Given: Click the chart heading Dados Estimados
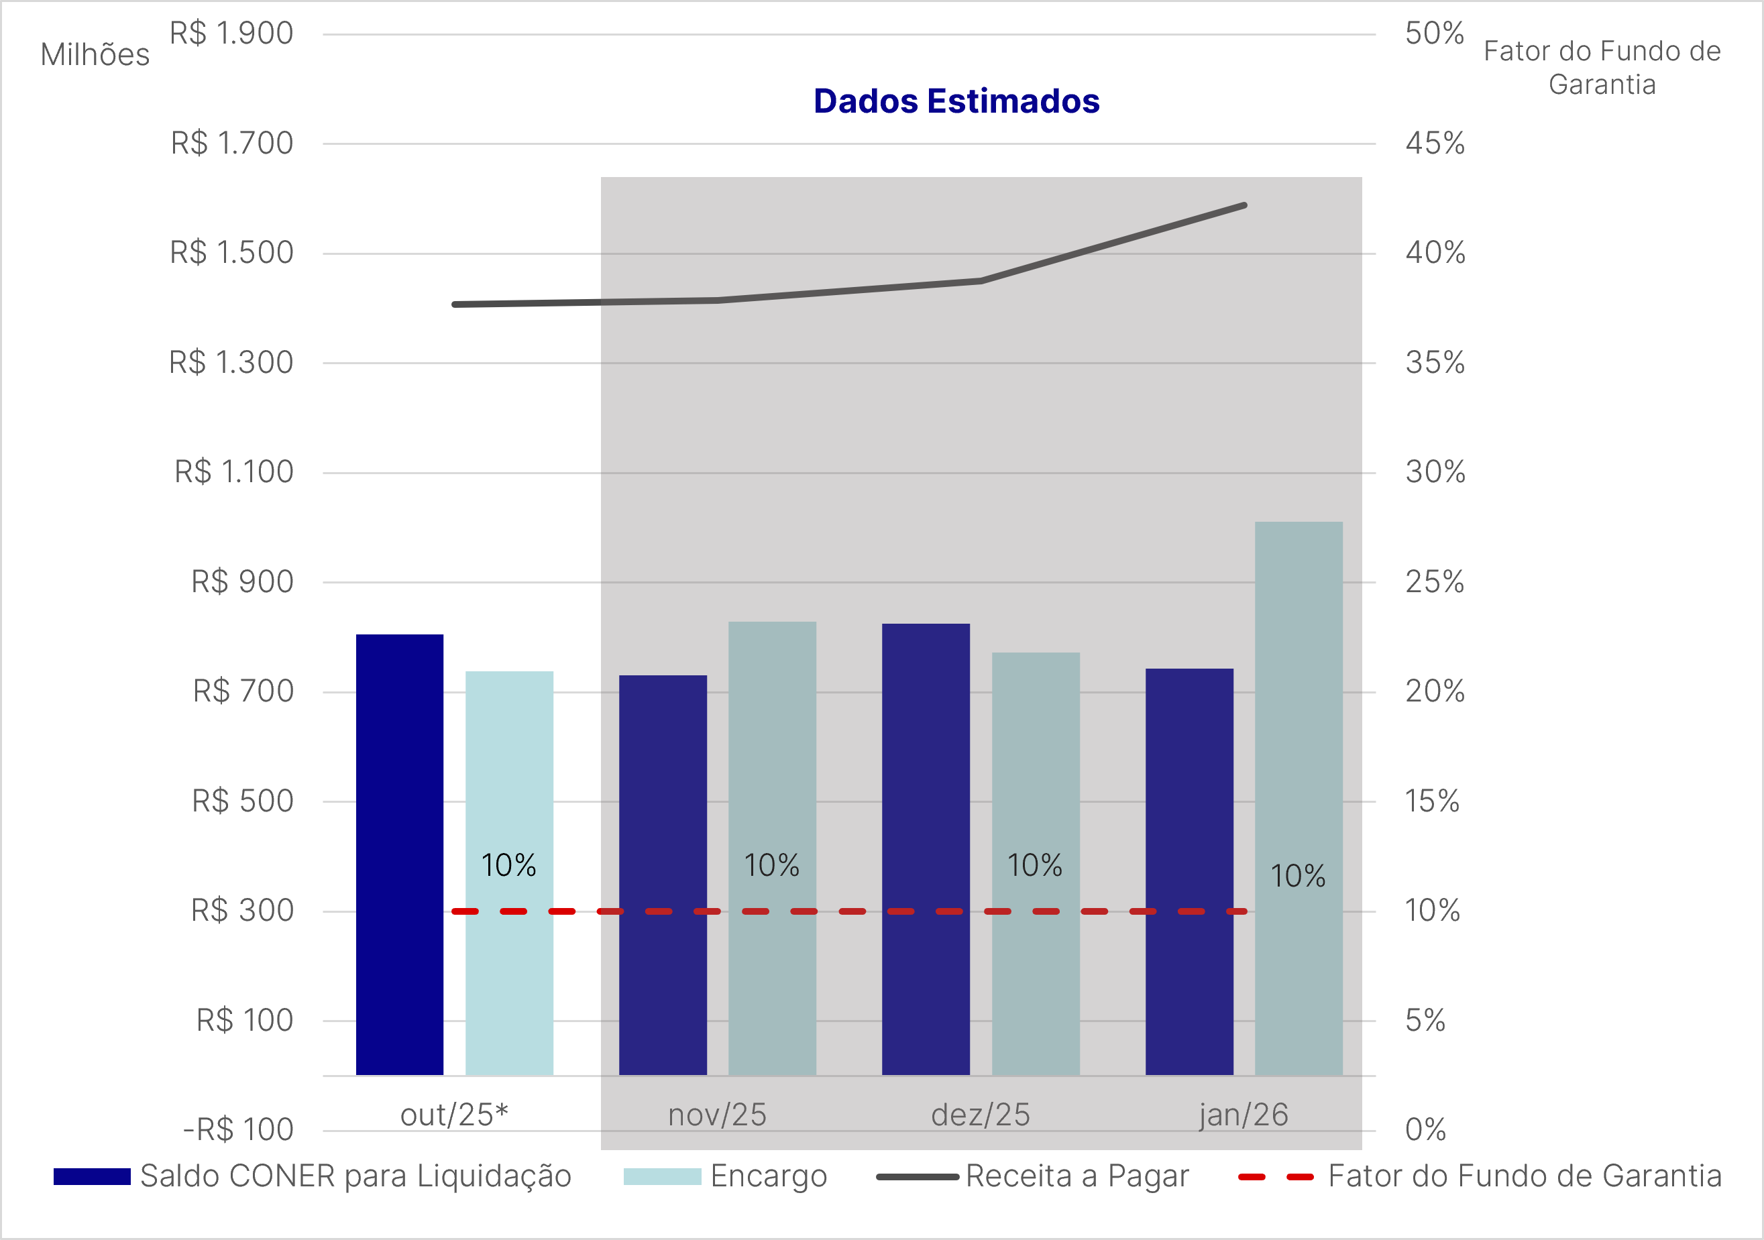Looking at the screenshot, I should pyautogui.click(x=956, y=101).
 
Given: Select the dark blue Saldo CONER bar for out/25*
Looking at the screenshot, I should pyautogui.click(x=400, y=853).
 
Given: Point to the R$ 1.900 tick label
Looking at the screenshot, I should pyautogui.click(x=231, y=34).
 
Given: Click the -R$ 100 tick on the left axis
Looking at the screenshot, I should pyautogui.click(x=238, y=1129).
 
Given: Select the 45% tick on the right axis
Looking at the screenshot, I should pyautogui.click(x=1435, y=144).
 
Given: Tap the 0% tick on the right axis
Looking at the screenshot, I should pyautogui.click(x=1425, y=1129).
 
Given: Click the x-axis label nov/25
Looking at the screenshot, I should pyautogui.click(x=717, y=1115).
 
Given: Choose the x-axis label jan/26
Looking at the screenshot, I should pyautogui.click(x=1243, y=1115).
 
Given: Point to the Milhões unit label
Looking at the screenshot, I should pyautogui.click(x=95, y=55).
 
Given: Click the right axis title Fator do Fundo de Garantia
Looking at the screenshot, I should pyautogui.click(x=1602, y=68).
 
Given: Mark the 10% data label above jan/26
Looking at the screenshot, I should pyautogui.click(x=1298, y=877).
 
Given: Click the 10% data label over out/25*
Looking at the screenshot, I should pyautogui.click(x=508, y=866).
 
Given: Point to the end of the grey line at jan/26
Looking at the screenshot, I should pyautogui.click(x=1244, y=206).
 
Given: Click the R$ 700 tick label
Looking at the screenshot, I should pyautogui.click(x=243, y=691).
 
